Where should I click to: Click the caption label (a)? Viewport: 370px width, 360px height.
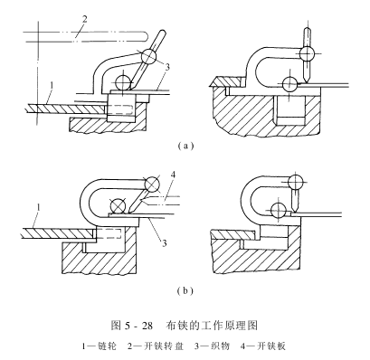tap(185, 147)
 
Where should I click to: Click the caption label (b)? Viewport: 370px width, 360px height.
tap(185, 290)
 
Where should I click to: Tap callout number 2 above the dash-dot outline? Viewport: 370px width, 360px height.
tap(85, 20)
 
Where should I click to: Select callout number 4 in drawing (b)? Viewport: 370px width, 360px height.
tap(173, 175)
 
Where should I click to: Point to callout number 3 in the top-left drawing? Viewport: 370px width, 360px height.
tap(167, 67)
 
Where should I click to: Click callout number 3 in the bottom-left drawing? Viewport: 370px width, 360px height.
tap(165, 243)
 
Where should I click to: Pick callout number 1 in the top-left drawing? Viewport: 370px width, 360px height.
tap(52, 85)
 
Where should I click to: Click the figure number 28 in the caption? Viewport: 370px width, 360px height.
tap(147, 326)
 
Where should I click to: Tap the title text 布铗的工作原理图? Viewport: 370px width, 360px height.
tap(212, 326)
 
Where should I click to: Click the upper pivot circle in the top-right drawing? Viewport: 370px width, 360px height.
tap(307, 54)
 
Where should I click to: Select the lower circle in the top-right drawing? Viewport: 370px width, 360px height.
tap(289, 83)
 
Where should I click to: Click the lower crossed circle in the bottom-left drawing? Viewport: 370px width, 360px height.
tap(118, 206)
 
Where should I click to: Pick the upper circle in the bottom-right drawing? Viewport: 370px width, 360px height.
tap(296, 182)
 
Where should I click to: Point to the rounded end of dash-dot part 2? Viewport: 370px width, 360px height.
tap(147, 36)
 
